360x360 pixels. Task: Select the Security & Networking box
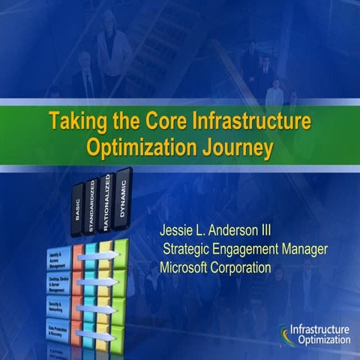click(x=58, y=307)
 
